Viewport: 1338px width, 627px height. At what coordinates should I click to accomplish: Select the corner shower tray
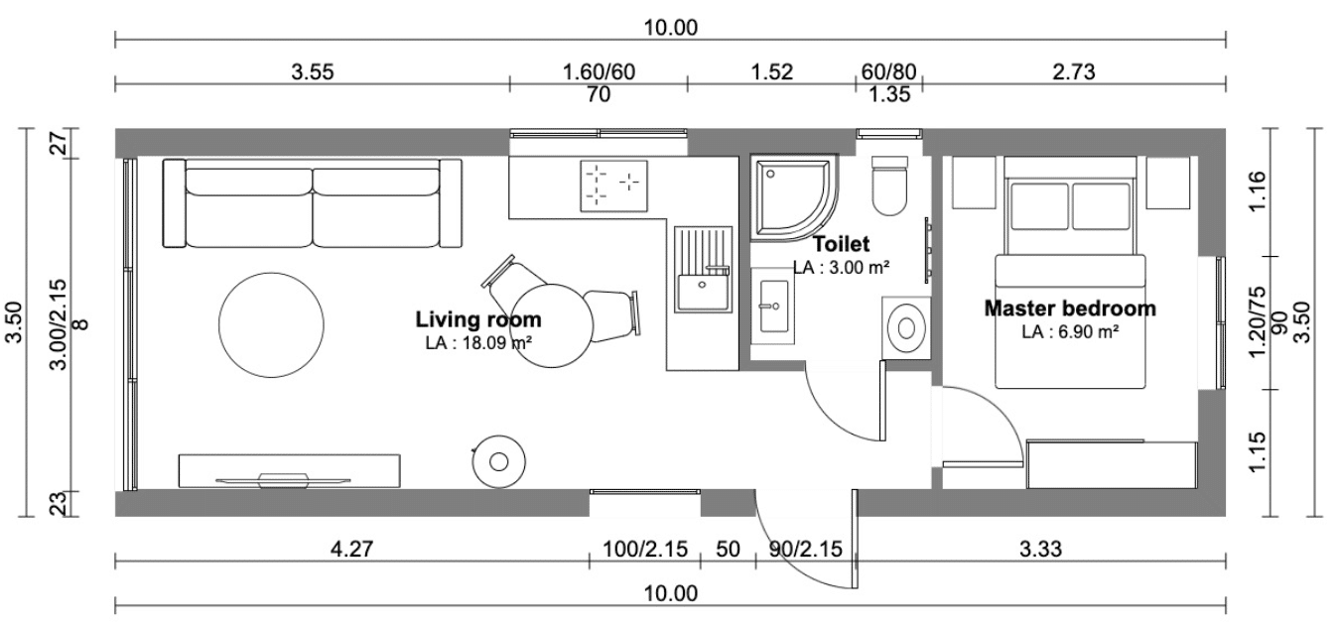[792, 197]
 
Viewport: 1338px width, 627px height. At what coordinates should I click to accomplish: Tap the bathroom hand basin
[773, 306]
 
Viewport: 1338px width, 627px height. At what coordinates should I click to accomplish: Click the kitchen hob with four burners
[614, 186]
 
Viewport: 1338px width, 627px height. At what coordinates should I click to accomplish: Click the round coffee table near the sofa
[271, 324]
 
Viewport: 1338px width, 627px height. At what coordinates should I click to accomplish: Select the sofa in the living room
[313, 203]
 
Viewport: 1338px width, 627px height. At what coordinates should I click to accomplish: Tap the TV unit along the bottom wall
[290, 470]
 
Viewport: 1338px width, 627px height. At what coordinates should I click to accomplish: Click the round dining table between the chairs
[552, 326]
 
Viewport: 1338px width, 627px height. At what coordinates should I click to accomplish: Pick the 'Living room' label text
[478, 319]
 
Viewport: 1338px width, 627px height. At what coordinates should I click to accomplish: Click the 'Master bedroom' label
[1070, 309]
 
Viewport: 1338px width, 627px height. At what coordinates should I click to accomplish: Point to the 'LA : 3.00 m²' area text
[841, 268]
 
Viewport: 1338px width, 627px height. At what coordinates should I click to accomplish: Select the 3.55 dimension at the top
[313, 72]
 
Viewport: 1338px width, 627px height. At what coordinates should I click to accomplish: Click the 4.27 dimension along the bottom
[351, 549]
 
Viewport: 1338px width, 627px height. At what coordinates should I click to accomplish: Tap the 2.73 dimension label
[1074, 72]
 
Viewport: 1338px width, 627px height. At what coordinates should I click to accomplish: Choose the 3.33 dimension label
[1040, 549]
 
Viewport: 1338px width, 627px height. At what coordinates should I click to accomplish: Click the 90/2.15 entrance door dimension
[805, 549]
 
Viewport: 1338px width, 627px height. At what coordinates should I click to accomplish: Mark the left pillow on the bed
[1040, 206]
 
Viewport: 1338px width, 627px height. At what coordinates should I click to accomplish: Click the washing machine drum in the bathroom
[907, 327]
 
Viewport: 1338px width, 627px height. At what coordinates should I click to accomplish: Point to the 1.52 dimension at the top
[772, 72]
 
